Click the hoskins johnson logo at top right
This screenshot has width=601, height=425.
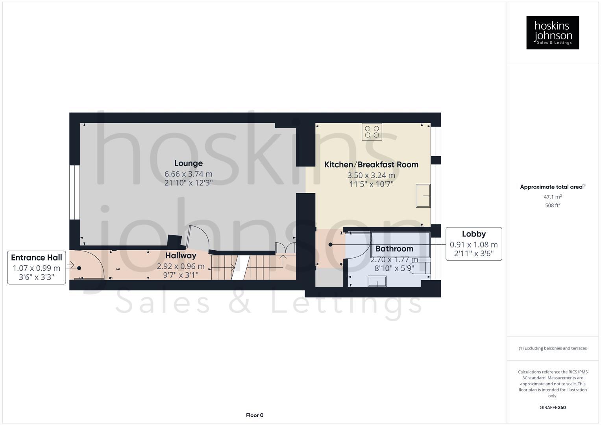552,33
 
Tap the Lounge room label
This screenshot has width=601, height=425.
189,163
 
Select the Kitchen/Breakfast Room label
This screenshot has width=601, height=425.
371,164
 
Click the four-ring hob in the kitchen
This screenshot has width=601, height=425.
372,132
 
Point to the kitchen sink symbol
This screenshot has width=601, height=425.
423,196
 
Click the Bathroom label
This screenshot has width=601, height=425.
394,249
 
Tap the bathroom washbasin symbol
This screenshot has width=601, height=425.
377,281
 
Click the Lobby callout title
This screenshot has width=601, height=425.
473,234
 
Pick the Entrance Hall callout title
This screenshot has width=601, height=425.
37,258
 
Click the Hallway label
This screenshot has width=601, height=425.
181,256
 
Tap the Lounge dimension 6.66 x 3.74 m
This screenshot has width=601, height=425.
189,174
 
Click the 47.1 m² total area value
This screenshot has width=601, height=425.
552,197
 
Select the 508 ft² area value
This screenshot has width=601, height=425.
552,205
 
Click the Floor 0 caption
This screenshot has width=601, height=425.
255,415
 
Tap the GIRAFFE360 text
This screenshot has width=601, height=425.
552,408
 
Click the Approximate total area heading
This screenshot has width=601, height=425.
552,187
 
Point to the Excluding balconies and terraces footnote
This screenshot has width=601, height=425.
552,348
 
